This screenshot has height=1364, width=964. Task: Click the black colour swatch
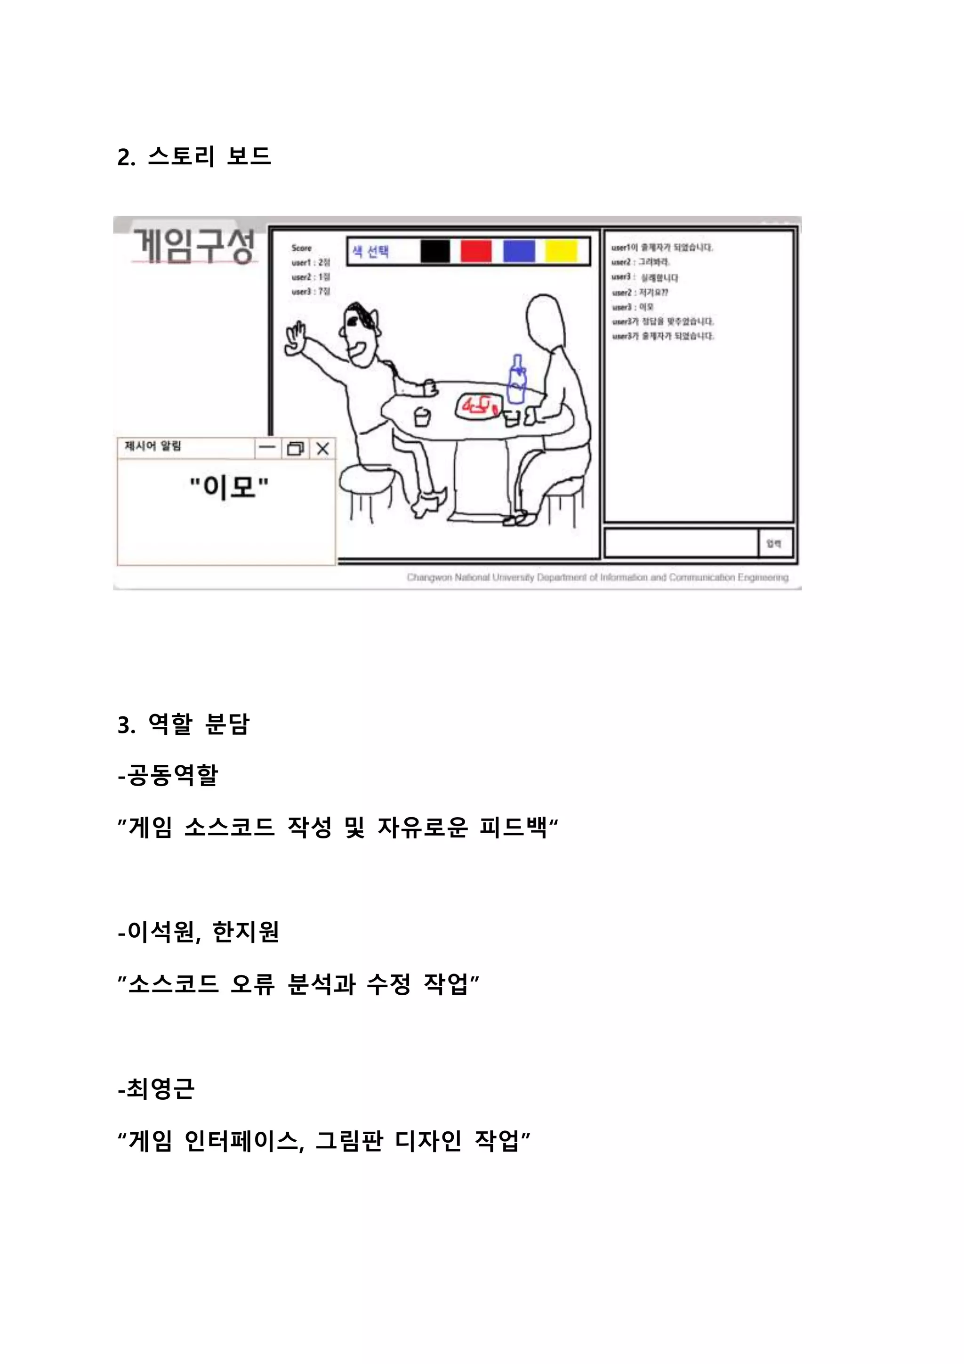pyautogui.click(x=435, y=251)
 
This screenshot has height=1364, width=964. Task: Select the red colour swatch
pyautogui.click(x=476, y=251)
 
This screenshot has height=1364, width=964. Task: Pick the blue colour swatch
pyautogui.click(x=519, y=251)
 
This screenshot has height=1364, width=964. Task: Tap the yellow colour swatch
pyautogui.click(x=561, y=251)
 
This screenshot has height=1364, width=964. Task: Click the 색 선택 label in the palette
pyautogui.click(x=370, y=252)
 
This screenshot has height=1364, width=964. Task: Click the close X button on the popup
pyautogui.click(x=322, y=448)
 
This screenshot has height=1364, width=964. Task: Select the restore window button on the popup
pyautogui.click(x=295, y=448)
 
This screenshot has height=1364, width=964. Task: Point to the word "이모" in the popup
pyautogui.click(x=229, y=487)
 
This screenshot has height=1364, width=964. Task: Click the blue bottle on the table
pyautogui.click(x=517, y=380)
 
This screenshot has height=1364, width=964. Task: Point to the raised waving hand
pyautogui.click(x=295, y=339)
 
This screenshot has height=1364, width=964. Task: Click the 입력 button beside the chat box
pyautogui.click(x=774, y=543)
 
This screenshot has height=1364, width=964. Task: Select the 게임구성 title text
pyautogui.click(x=193, y=245)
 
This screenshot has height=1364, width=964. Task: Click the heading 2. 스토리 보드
pyautogui.click(x=194, y=157)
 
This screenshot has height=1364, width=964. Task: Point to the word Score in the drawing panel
pyautogui.click(x=302, y=248)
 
